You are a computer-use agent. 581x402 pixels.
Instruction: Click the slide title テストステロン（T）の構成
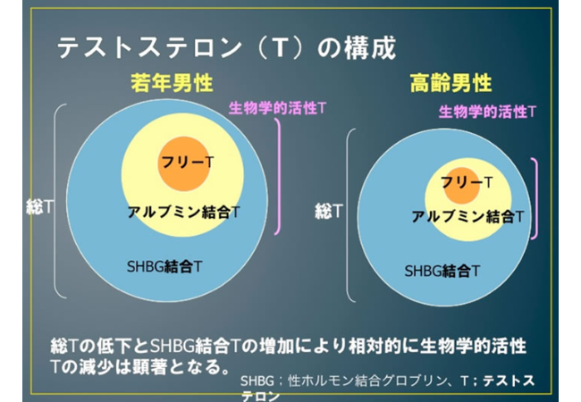pyautogui.click(x=227, y=48)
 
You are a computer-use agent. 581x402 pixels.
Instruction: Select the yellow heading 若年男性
pyautogui.click(x=172, y=83)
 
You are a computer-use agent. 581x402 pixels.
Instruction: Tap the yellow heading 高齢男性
pyautogui.click(x=450, y=83)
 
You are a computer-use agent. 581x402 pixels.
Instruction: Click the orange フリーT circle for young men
pyautogui.click(x=184, y=163)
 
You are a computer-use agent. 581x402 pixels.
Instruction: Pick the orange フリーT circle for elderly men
pyautogui.click(x=462, y=185)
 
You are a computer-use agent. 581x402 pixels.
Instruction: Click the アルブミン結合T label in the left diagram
pyautogui.click(x=184, y=212)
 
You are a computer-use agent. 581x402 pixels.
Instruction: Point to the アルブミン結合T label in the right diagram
pyautogui.click(x=468, y=216)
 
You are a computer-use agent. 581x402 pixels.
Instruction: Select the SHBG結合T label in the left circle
pyautogui.click(x=164, y=266)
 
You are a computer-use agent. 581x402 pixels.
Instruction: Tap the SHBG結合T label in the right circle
pyautogui.click(x=442, y=271)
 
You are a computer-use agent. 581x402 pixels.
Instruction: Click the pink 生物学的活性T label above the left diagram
pyautogui.click(x=277, y=108)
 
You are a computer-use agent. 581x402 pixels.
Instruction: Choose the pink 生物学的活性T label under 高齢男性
pyautogui.click(x=487, y=112)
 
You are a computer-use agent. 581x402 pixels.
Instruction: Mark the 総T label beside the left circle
pyautogui.click(x=39, y=206)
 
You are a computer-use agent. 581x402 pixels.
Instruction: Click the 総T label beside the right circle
pyautogui.click(x=329, y=211)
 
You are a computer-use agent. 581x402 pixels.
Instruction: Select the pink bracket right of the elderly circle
pyautogui.click(x=536, y=198)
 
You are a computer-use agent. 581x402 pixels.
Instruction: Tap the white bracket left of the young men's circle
pyautogui.click(x=55, y=201)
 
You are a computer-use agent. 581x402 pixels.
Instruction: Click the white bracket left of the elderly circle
pyautogui.click(x=347, y=215)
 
